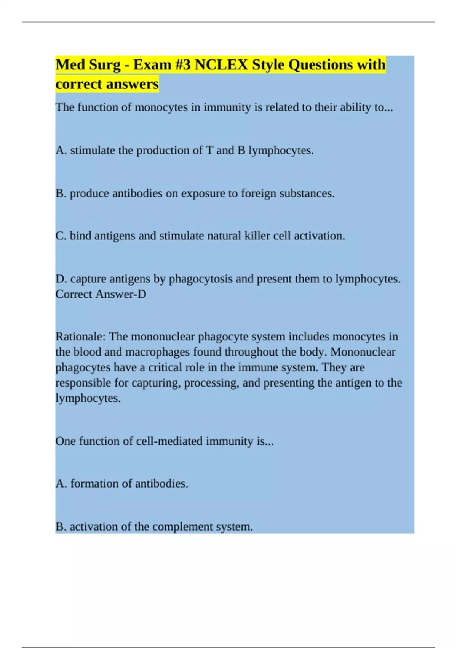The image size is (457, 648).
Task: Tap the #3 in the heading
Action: (x=183, y=65)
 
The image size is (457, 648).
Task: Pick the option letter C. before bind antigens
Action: (x=61, y=236)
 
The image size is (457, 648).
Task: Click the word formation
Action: (x=94, y=484)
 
